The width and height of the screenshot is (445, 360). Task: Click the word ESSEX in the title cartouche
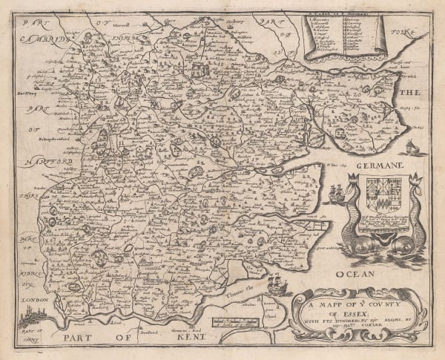click(x=337, y=312)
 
